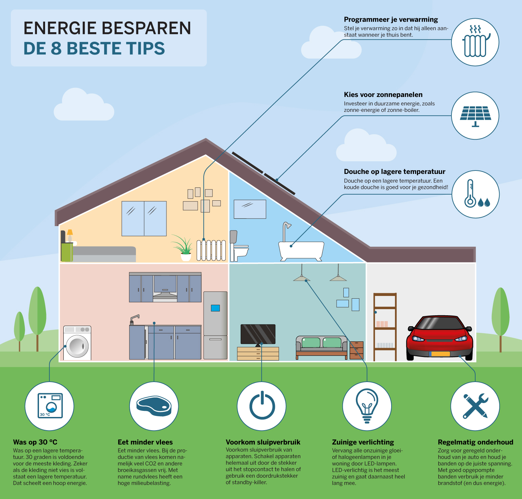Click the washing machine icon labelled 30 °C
pyautogui.click(x=50, y=406)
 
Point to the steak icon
pyautogui.click(x=154, y=406)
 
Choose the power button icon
pyautogui.click(x=262, y=405)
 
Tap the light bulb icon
pyautogui.click(x=367, y=406)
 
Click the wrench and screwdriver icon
pyautogui.click(x=476, y=406)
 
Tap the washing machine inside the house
pyautogui.click(x=77, y=343)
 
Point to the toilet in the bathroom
pyautogui.click(x=239, y=246)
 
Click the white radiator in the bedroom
pyautogui.click(x=211, y=251)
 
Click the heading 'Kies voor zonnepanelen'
pyautogui.click(x=383, y=95)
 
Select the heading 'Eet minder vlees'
pyautogui.click(x=145, y=442)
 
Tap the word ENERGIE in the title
pyautogui.click(x=59, y=28)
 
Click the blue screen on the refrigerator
pyautogui.click(x=215, y=308)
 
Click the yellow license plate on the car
pyautogui.click(x=440, y=354)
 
